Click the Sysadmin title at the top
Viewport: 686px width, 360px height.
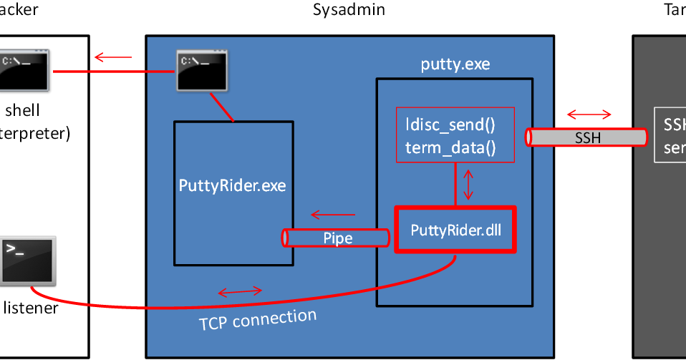349,9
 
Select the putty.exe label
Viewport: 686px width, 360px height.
455,64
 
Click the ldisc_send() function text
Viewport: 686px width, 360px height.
450,124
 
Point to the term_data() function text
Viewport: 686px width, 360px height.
450,147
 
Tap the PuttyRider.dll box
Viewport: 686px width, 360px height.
455,230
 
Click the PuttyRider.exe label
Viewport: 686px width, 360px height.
232,185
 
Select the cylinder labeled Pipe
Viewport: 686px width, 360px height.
337,238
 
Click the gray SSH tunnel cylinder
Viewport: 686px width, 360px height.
587,137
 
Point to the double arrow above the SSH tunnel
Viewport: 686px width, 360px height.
589,115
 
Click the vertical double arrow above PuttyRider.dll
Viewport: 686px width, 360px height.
468,185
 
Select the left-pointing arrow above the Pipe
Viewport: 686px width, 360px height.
332,214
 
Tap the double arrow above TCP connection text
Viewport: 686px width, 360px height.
240,291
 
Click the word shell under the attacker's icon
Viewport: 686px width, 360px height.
22,110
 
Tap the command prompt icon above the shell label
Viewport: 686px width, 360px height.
24,70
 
